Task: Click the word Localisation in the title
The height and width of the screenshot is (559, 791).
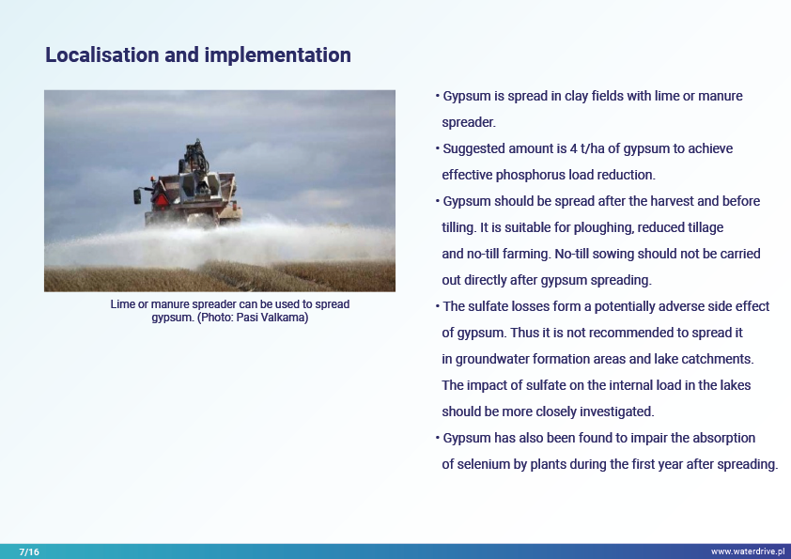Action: click(101, 55)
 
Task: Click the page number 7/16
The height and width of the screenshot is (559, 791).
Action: click(29, 551)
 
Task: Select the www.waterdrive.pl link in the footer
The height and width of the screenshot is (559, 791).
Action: click(748, 551)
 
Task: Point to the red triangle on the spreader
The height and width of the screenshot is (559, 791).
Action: click(161, 200)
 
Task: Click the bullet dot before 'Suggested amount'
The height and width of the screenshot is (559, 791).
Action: click(438, 148)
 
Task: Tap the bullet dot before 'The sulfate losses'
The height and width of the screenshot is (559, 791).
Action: click(438, 306)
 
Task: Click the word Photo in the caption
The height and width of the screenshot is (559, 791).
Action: click(216, 318)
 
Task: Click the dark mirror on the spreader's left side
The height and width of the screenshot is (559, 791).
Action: click(137, 196)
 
